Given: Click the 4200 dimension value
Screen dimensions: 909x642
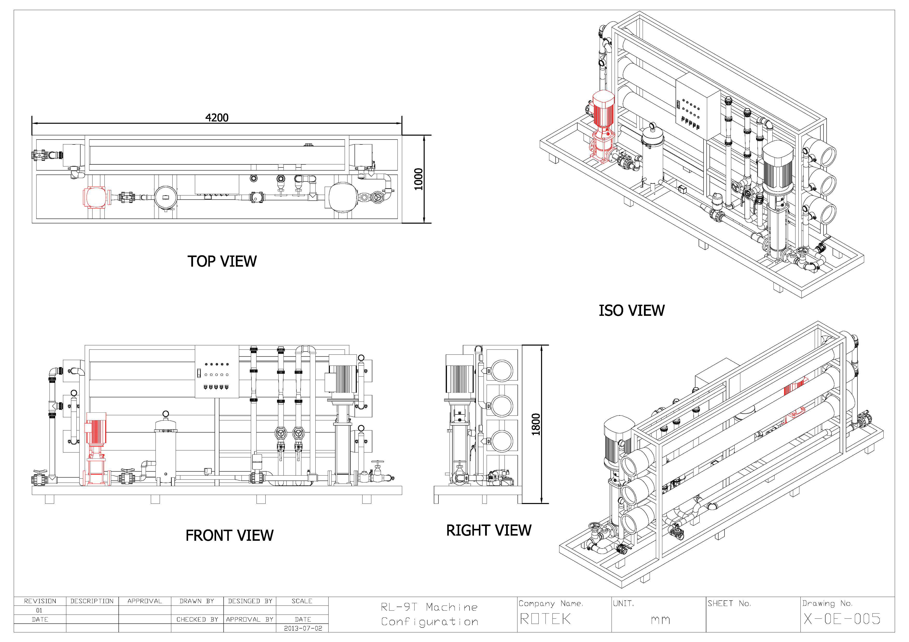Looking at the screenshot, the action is (x=217, y=118).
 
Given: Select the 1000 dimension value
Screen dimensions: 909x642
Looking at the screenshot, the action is (x=418, y=179).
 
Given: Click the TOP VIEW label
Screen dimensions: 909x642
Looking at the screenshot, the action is (x=222, y=261).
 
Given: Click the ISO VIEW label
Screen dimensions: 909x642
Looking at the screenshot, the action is (x=631, y=311).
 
